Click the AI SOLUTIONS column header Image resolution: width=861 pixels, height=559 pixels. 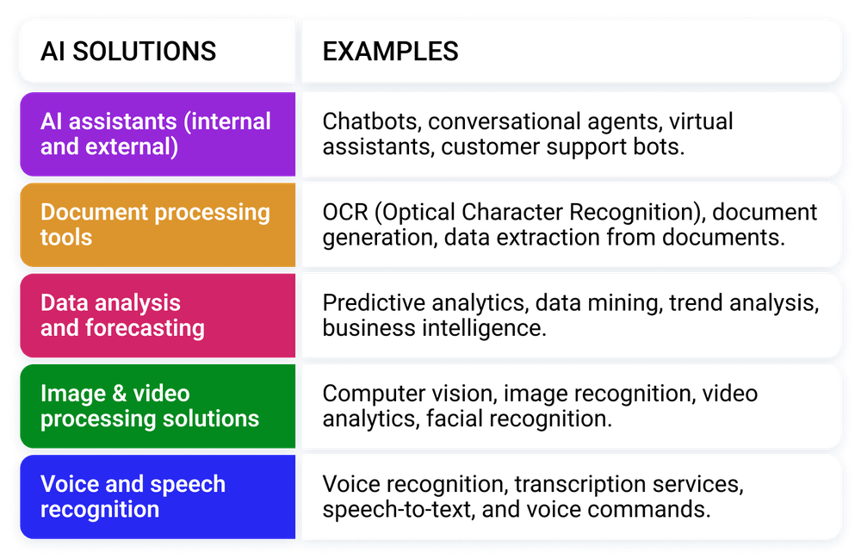[x=128, y=51]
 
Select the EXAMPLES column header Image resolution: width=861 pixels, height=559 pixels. [x=390, y=51]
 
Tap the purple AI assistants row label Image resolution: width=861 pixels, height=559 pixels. [x=156, y=134]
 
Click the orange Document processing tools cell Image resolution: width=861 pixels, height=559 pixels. [x=155, y=224]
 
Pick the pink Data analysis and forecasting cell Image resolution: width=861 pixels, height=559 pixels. [x=122, y=315]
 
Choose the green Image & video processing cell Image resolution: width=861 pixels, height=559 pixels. [x=150, y=406]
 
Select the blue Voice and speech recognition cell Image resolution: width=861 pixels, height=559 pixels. [x=133, y=496]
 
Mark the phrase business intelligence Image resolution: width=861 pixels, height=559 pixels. [x=434, y=328]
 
